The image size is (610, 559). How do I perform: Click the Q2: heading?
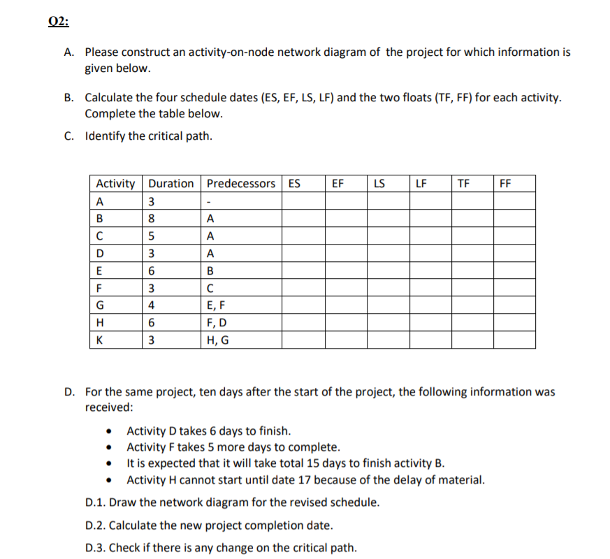pyautogui.click(x=59, y=22)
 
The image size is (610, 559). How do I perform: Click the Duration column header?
pyautogui.click(x=171, y=184)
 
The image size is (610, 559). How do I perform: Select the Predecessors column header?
pyautogui.click(x=241, y=184)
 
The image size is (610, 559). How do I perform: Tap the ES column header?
pyautogui.click(x=295, y=184)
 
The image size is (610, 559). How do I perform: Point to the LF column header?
pyautogui.click(x=421, y=184)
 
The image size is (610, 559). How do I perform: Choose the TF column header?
pyautogui.click(x=463, y=184)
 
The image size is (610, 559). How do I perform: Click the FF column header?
pyautogui.click(x=505, y=184)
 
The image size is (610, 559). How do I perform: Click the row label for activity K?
pyautogui.click(x=101, y=340)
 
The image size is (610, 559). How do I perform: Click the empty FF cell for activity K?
pyautogui.click(x=514, y=340)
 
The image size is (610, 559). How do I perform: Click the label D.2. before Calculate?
pyautogui.click(x=96, y=525)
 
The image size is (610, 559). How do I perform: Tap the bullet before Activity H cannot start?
pyautogui.click(x=109, y=480)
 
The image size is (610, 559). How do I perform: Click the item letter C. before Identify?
pyautogui.click(x=71, y=136)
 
